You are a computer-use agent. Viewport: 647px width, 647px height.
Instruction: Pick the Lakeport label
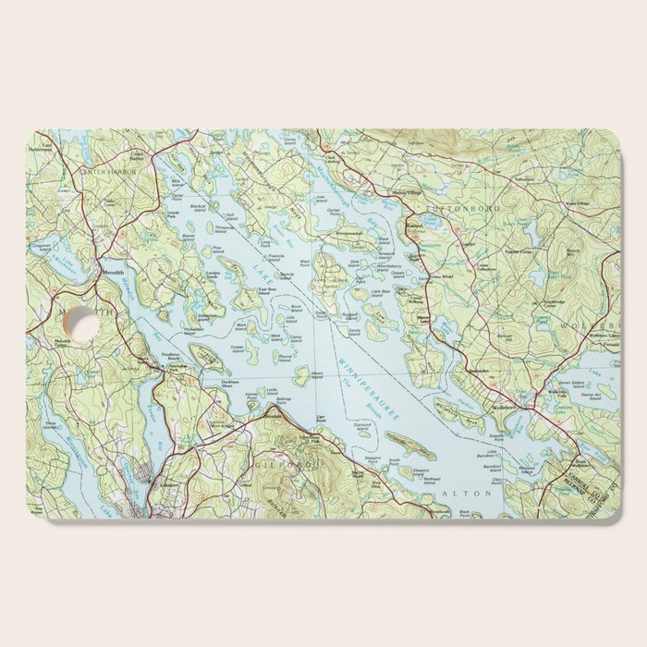[167, 483]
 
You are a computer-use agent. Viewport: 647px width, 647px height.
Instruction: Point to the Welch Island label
[317, 374]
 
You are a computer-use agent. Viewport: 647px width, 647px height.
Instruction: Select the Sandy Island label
[353, 330]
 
